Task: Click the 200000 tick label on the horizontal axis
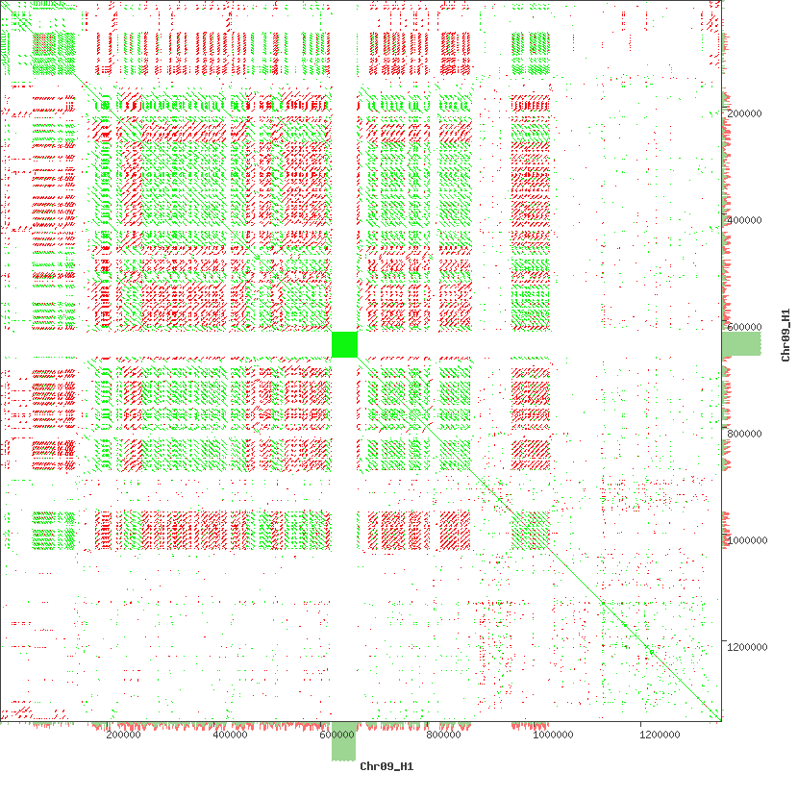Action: point(124,736)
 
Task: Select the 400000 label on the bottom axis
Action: point(231,736)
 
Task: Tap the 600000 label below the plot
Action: point(338,736)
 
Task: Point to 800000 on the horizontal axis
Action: point(445,736)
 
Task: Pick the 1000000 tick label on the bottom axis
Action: point(552,736)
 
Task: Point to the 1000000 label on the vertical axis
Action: point(746,541)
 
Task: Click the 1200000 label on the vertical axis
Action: point(746,648)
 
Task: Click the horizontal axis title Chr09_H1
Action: point(387,766)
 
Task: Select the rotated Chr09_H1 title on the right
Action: point(786,335)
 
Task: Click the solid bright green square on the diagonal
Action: point(344,344)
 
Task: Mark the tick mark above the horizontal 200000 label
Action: point(124,724)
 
